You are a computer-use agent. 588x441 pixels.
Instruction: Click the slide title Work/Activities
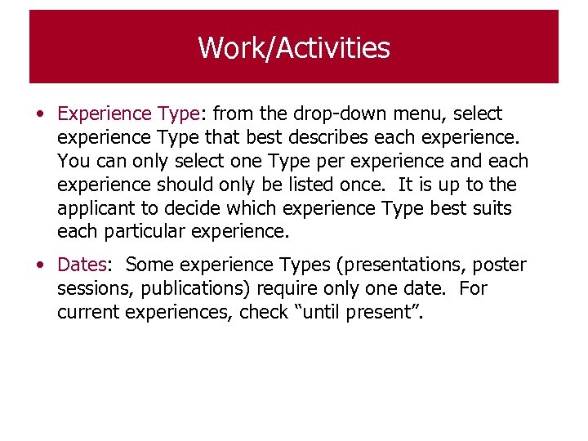click(294, 48)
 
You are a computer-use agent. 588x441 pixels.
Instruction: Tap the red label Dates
click(82, 265)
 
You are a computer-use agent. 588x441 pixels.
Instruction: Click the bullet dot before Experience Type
click(40, 114)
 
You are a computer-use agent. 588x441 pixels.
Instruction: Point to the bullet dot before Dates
click(40, 265)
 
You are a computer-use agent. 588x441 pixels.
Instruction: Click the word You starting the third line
click(73, 161)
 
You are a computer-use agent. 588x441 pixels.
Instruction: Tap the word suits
click(490, 208)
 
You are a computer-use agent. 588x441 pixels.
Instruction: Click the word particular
click(142, 231)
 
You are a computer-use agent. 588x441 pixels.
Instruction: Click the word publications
click(197, 288)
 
